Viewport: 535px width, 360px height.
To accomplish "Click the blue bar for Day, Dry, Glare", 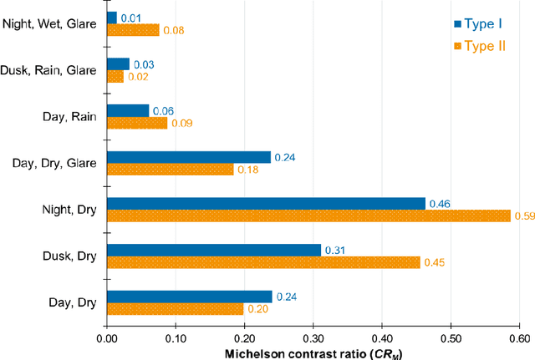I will click(189, 157).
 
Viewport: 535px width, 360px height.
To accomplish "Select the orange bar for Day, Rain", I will click(137, 123).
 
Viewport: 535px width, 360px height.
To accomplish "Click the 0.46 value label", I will click(440, 203).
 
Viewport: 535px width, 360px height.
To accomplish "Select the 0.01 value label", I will click(131, 17).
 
